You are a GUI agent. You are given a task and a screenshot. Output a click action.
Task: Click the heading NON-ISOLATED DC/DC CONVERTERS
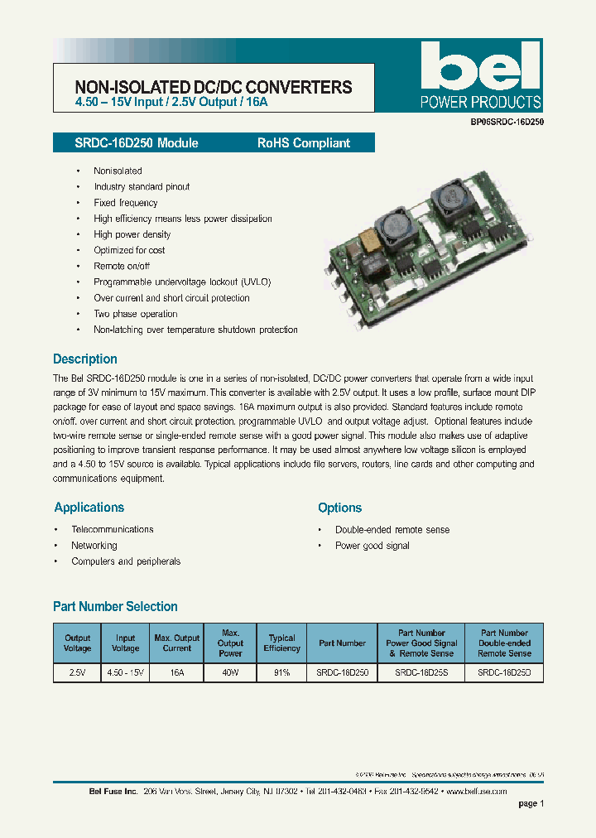pyautogui.click(x=214, y=87)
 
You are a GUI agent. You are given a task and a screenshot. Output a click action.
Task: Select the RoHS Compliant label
pyautogui.click(x=303, y=143)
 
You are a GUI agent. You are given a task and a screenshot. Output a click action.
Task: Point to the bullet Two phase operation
pyautogui.click(x=136, y=314)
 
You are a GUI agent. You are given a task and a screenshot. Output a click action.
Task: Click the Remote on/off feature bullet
pyautogui.click(x=122, y=266)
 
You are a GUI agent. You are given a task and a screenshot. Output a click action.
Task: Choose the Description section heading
pyautogui.click(x=85, y=359)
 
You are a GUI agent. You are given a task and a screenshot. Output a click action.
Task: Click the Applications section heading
pyautogui.click(x=89, y=508)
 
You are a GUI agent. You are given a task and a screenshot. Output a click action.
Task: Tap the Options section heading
pyautogui.click(x=340, y=508)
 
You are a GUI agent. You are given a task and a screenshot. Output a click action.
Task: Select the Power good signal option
pyautogui.click(x=372, y=546)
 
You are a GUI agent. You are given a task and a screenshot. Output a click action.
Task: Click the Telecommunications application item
pyautogui.click(x=113, y=529)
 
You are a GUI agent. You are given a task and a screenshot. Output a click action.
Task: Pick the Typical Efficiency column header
pyautogui.click(x=281, y=643)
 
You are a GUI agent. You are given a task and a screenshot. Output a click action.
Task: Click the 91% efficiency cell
pyautogui.click(x=281, y=673)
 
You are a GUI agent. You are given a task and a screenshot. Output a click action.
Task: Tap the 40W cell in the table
pyautogui.click(x=230, y=673)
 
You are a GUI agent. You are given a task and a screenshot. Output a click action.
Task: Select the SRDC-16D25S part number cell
pyautogui.click(x=421, y=673)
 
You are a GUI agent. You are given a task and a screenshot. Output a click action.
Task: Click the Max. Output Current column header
pyautogui.click(x=177, y=643)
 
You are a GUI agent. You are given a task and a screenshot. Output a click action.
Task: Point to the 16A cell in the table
pyautogui.click(x=177, y=673)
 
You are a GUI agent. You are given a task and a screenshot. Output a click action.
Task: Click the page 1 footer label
pyautogui.click(x=531, y=803)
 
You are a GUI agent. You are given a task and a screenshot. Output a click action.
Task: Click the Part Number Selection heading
pyautogui.click(x=115, y=607)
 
